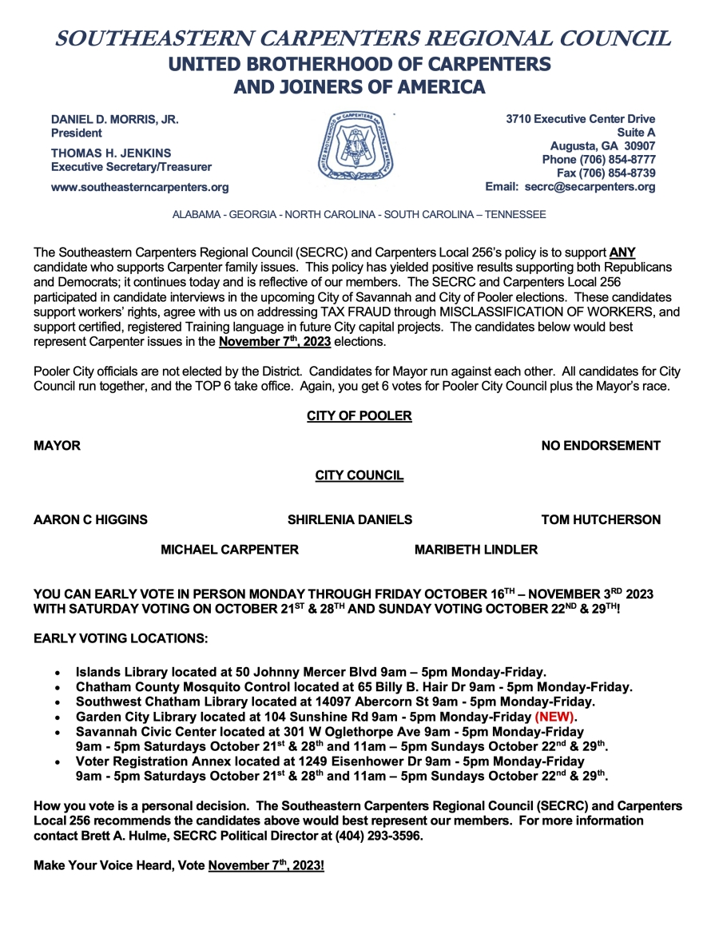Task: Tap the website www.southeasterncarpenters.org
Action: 140,187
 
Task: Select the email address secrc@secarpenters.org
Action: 590,187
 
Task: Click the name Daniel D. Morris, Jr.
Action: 115,119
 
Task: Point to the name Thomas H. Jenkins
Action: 111,153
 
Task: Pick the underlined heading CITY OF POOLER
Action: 359,416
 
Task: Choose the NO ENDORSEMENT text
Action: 601,446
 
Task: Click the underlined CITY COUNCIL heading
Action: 359,476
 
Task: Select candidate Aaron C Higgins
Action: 90,520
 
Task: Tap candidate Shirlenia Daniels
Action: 350,520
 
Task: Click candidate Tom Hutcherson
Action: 601,520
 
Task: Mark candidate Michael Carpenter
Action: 230,550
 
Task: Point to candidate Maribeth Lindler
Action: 476,550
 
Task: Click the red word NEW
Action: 554,717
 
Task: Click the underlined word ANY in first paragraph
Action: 622,252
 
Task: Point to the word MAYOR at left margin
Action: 57,446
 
